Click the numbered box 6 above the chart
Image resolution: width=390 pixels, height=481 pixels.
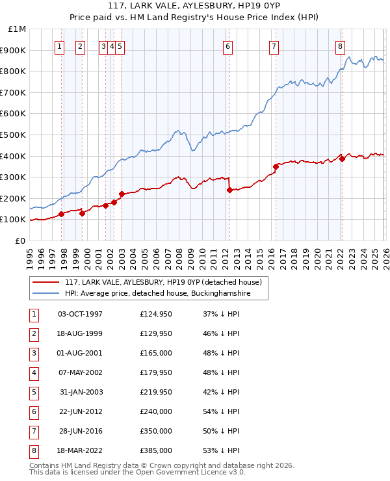coord(228,46)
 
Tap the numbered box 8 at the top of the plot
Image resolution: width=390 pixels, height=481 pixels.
coord(341,46)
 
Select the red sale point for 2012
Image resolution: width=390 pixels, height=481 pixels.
coord(229,190)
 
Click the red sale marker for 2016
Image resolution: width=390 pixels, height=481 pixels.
coord(276,167)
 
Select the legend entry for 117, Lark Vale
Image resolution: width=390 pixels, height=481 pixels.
coord(162,282)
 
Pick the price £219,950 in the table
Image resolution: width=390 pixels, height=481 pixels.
coord(155,392)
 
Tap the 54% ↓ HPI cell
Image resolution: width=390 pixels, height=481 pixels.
coord(221,411)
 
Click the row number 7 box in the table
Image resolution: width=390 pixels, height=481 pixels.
coord(32,431)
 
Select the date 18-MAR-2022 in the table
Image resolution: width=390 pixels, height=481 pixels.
coord(80,450)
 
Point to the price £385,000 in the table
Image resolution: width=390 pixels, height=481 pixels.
coord(155,450)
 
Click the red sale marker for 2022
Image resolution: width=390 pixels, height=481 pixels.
coord(342,159)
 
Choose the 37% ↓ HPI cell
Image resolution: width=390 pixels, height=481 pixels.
coord(221,314)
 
